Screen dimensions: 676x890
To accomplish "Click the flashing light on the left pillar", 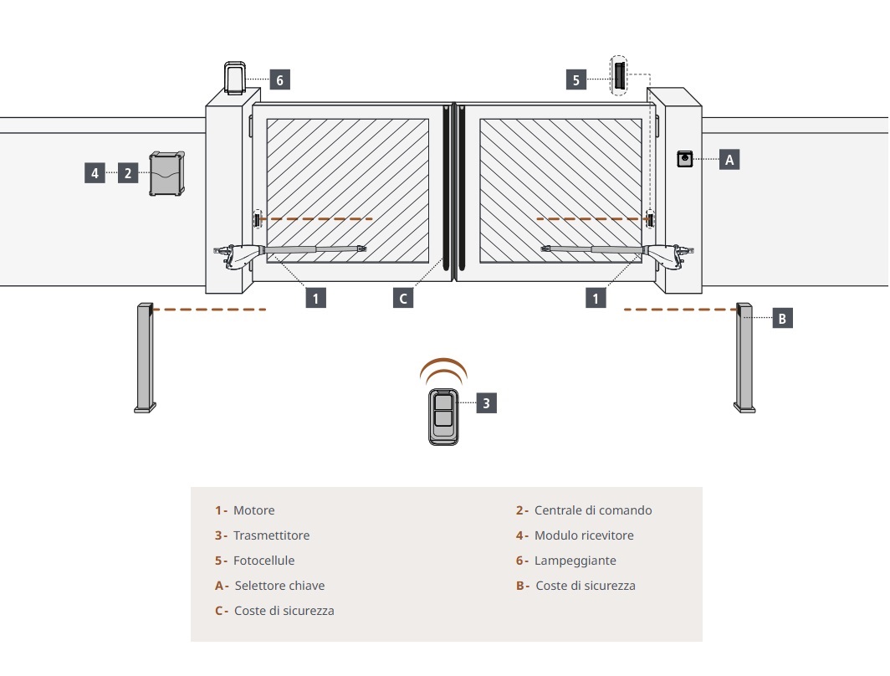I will (234, 77).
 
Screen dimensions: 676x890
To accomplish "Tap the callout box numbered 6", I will (280, 80).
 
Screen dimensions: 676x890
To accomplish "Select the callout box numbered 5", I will (576, 79).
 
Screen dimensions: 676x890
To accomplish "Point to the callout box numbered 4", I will (95, 173).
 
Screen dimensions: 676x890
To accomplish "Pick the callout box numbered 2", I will (127, 173).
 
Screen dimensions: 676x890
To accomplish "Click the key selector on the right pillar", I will (686, 159).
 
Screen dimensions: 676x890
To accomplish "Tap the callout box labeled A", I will (729, 159).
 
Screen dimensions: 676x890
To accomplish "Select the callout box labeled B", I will (782, 318).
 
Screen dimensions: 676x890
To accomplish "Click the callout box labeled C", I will (403, 297).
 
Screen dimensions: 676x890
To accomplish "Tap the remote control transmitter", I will (443, 417).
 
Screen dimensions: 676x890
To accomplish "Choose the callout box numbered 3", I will (488, 402).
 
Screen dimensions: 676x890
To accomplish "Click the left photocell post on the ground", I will (146, 357).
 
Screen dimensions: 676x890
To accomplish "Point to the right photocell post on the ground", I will (744, 357).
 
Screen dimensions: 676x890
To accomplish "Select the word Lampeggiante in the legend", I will (575, 561).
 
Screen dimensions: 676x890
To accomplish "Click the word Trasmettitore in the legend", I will (271, 535).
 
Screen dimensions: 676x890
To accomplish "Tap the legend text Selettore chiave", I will (279, 586).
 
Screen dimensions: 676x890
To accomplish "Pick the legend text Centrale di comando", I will (593, 510).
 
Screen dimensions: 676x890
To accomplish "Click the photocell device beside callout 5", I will (618, 76).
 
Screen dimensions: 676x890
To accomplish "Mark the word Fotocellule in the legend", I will (263, 561).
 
